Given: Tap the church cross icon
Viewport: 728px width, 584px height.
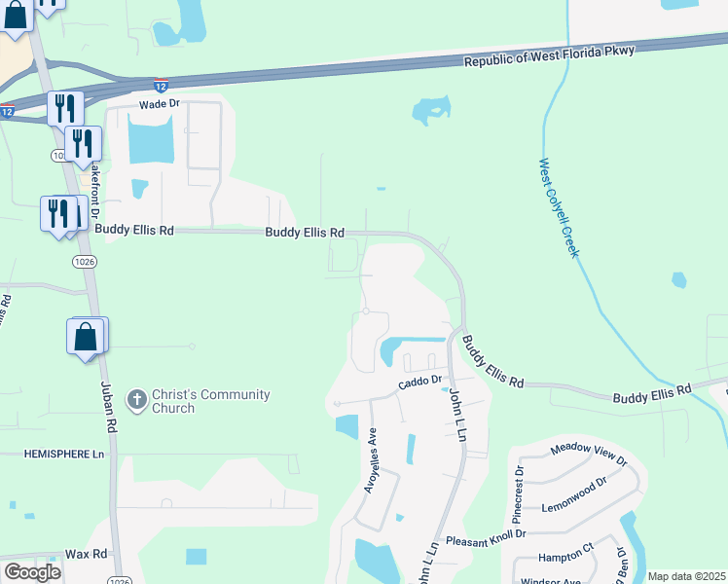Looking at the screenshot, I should [x=137, y=399].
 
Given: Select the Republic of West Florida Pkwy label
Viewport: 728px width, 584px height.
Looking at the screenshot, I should [x=550, y=56].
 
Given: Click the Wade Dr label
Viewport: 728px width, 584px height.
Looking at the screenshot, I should [x=160, y=103].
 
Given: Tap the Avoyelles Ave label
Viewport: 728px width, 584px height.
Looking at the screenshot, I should [x=370, y=461].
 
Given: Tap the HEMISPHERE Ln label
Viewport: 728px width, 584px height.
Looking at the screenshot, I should [x=63, y=455].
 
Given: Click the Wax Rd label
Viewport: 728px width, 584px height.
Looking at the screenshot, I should [x=87, y=553].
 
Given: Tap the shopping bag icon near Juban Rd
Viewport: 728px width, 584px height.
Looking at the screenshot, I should [x=87, y=337].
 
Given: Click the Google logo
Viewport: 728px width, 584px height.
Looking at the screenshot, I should [x=32, y=571].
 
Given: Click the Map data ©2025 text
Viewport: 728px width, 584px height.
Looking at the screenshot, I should [x=686, y=576].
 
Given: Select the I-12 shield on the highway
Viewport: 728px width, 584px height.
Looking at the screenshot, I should [x=161, y=87].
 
